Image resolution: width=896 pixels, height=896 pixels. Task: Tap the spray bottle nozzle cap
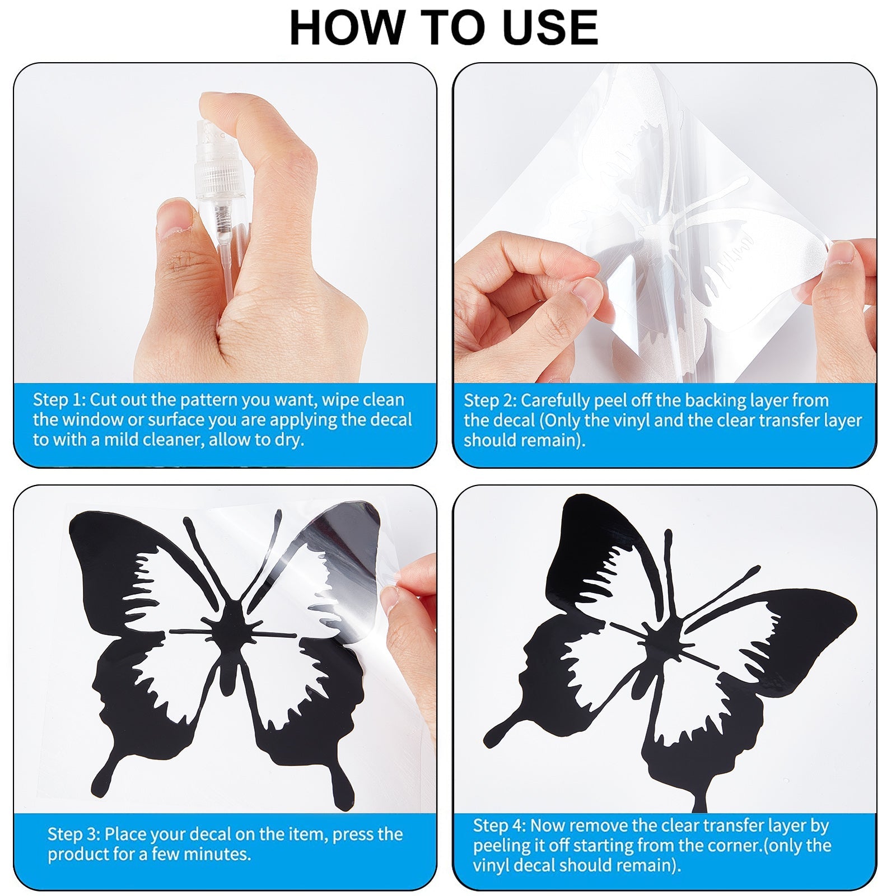tap(216, 162)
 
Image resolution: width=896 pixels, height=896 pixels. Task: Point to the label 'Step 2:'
tap(490, 400)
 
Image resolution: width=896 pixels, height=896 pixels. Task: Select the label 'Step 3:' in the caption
tap(74, 834)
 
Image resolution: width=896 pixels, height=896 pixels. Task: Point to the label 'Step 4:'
tap(500, 825)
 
